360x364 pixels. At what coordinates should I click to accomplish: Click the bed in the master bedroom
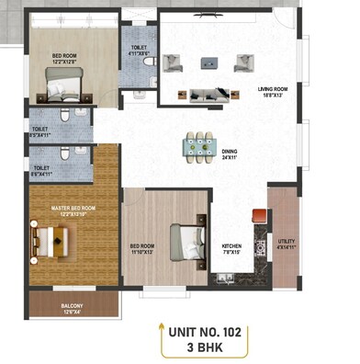50,242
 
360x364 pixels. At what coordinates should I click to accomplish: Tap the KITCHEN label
231,247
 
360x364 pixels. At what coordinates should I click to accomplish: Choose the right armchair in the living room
243,63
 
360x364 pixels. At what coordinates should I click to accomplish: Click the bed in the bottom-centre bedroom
187,242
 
